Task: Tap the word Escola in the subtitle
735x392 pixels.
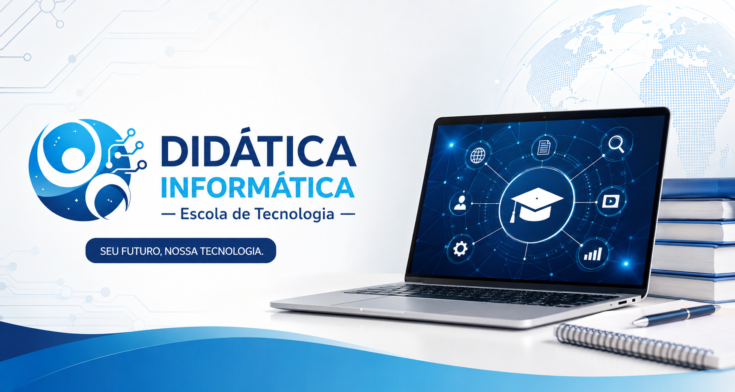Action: pos(204,214)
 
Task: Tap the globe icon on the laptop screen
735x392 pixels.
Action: pos(478,155)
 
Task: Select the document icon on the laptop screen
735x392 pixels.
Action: pos(544,148)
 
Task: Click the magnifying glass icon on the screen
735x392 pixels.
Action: pos(616,144)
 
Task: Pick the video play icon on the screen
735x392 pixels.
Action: pos(610,201)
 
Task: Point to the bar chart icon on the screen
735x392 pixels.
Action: pos(593,254)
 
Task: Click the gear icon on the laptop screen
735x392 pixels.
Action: pos(460,248)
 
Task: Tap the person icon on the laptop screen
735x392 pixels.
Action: pos(460,202)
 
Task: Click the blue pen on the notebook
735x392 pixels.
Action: pos(676,315)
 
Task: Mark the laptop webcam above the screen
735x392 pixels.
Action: pos(545,117)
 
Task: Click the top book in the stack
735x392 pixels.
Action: pos(698,189)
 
